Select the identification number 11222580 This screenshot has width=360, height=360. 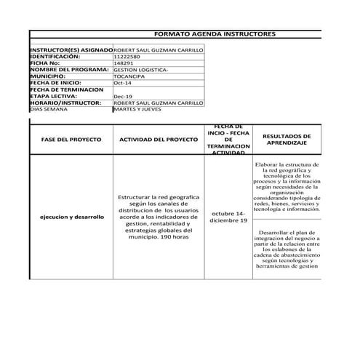click(x=129, y=55)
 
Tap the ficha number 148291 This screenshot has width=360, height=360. click(x=124, y=62)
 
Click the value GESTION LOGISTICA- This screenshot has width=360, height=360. click(x=140, y=68)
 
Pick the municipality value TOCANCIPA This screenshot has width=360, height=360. click(x=129, y=75)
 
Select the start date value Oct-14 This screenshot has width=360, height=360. click(x=122, y=82)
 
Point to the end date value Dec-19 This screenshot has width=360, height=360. click(x=123, y=96)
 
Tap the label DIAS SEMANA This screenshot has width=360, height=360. click(x=48, y=109)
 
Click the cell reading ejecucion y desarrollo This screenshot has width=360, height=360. click(x=71, y=217)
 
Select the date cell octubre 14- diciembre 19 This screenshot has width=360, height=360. click(x=228, y=217)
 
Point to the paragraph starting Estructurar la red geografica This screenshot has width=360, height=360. click(x=158, y=217)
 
